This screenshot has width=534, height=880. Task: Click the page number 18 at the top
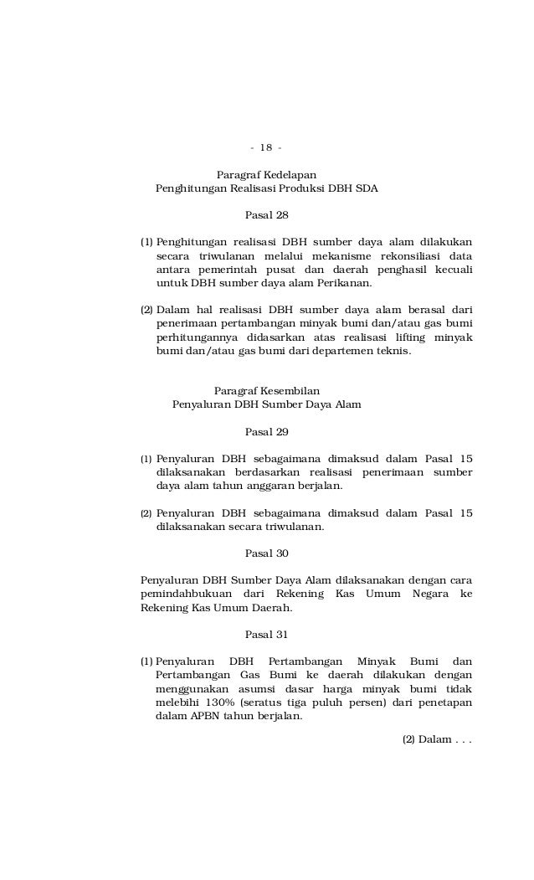pyautogui.click(x=266, y=148)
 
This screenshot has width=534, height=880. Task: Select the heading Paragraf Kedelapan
pyautogui.click(x=266, y=175)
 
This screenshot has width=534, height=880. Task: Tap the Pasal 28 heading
pyautogui.click(x=266, y=215)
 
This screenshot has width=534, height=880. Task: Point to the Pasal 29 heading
pyautogui.click(x=266, y=432)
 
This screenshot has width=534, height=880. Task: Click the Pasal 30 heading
pyautogui.click(x=266, y=553)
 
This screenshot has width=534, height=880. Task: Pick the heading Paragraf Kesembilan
pyautogui.click(x=266, y=391)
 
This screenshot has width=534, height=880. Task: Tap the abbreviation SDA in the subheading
pyautogui.click(x=366, y=188)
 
